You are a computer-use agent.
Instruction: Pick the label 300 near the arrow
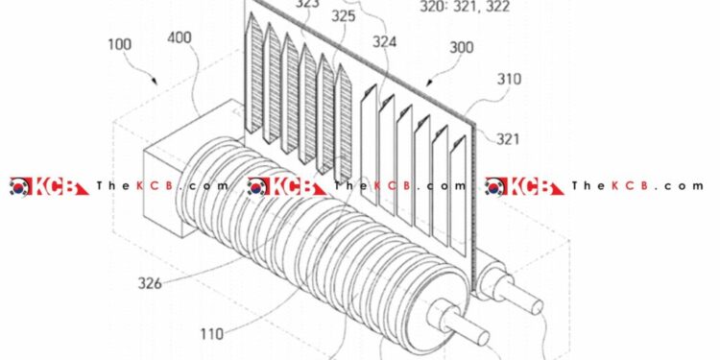462,45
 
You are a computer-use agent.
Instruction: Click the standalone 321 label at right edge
510,139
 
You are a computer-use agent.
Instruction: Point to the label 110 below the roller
211,334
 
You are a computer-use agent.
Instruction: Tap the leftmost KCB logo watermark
47,186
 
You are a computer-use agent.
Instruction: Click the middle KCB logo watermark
285,186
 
